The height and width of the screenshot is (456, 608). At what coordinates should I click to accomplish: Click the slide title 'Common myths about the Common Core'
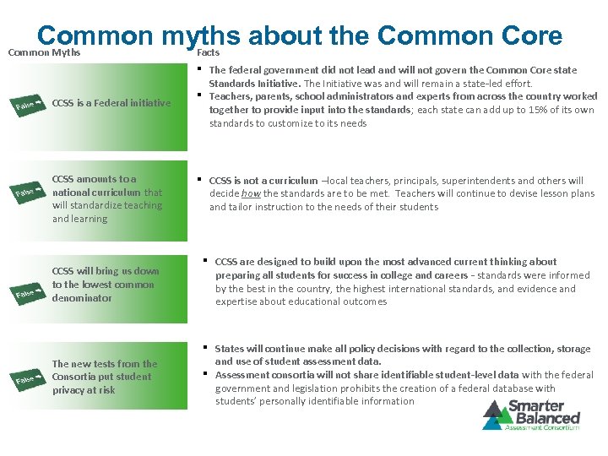[x=300, y=35]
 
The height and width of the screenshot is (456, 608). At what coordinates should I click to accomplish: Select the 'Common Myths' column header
[x=44, y=52]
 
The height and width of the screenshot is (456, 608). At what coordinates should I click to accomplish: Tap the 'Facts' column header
[x=208, y=52]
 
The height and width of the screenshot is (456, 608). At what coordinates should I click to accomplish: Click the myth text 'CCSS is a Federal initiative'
[x=111, y=103]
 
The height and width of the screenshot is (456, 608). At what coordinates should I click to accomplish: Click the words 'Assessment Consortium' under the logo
[x=540, y=427]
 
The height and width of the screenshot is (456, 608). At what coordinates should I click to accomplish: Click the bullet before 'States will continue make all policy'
[x=206, y=347]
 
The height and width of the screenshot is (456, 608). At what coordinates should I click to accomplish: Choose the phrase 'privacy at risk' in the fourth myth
[x=84, y=390]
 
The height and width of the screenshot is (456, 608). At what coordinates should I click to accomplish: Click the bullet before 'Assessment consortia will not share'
[x=206, y=373]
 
